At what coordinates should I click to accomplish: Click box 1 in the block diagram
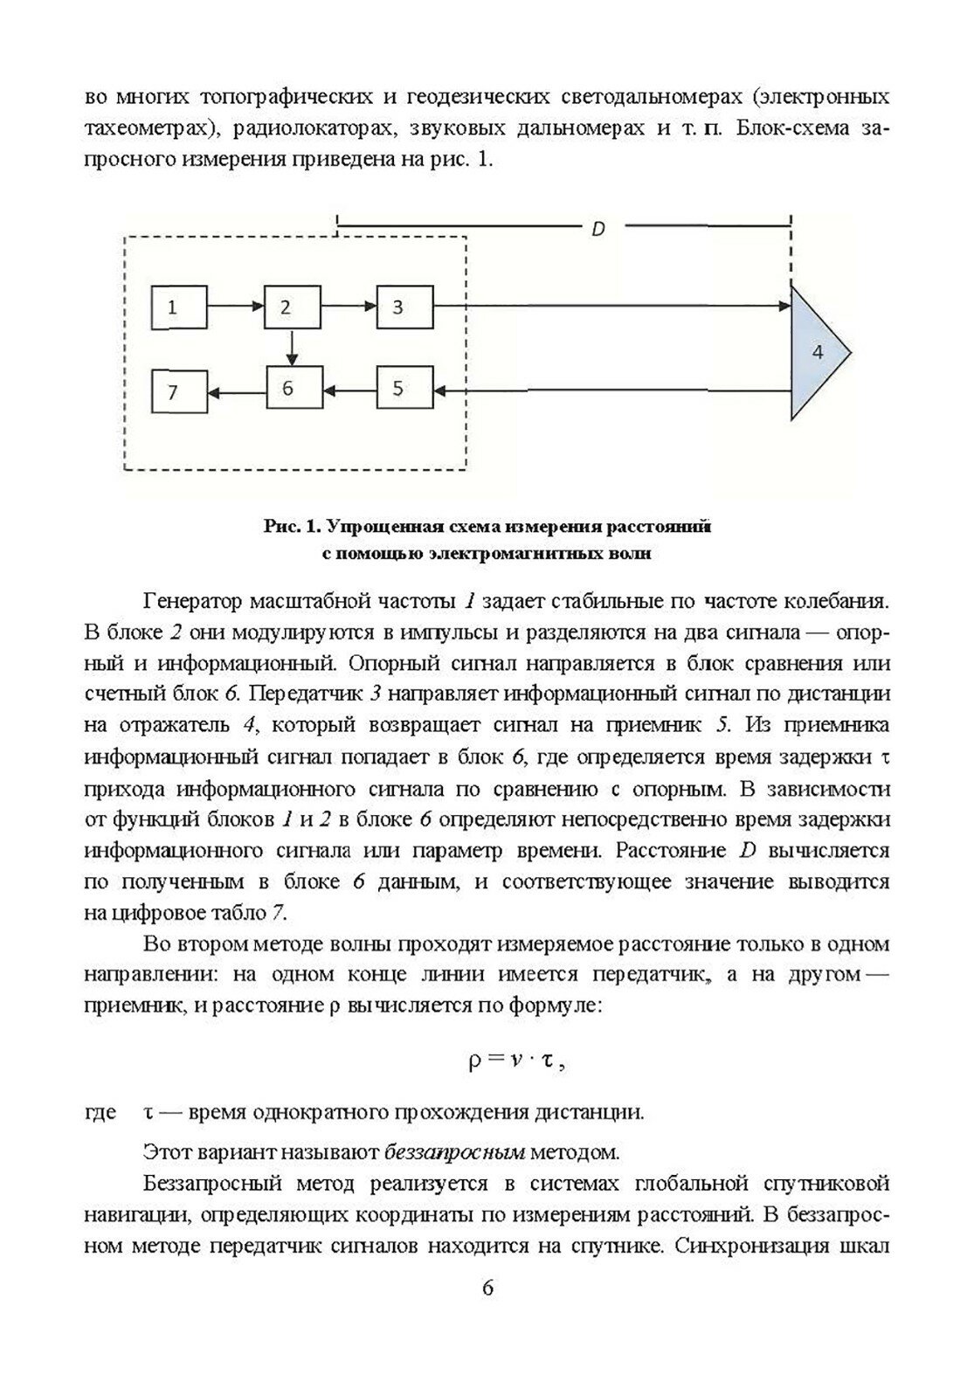pyautogui.click(x=178, y=307)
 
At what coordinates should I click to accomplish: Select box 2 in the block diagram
pyautogui.click(x=291, y=307)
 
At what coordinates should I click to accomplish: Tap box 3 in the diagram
pyautogui.click(x=404, y=307)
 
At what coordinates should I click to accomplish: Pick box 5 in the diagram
pyautogui.click(x=404, y=389)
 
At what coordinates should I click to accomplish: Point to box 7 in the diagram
pyautogui.click(x=178, y=391)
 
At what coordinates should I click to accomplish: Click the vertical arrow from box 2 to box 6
pyautogui.click(x=293, y=348)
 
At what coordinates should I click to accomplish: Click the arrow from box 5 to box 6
pyautogui.click(x=349, y=389)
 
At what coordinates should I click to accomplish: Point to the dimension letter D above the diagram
pyautogui.click(x=598, y=230)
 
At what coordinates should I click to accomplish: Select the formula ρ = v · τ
pyautogui.click(x=512, y=1062)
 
